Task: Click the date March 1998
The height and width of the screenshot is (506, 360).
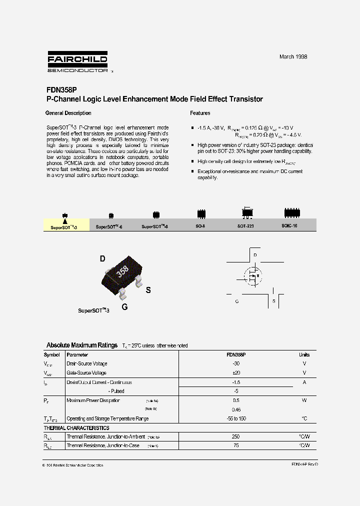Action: pyautogui.click(x=293, y=56)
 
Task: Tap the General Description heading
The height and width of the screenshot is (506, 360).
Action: pyautogui.click(x=68, y=113)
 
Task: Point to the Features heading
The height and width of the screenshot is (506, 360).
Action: pyautogui.click(x=200, y=113)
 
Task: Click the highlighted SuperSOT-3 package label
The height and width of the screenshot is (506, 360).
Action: pyautogui.click(x=63, y=226)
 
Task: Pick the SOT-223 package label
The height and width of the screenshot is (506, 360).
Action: pyautogui.click(x=245, y=226)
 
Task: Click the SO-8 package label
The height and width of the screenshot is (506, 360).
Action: pyautogui.click(x=200, y=226)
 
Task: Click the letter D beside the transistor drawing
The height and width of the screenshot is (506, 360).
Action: pyautogui.click(x=102, y=258)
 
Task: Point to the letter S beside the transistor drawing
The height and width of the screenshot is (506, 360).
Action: pyautogui.click(x=148, y=290)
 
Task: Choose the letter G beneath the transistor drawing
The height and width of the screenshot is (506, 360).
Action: pyautogui.click(x=124, y=307)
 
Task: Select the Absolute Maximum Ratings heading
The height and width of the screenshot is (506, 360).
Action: pyautogui.click(x=82, y=345)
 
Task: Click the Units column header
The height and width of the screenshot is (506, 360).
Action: pyautogui.click(x=304, y=354)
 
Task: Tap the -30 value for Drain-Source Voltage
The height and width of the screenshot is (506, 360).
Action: pyautogui.click(x=236, y=363)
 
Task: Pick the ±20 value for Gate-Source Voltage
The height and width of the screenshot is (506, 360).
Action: pyautogui.click(x=236, y=372)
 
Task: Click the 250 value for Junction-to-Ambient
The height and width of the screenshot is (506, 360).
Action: pyautogui.click(x=236, y=436)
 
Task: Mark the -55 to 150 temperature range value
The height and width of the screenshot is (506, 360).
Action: pyautogui.click(x=236, y=418)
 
